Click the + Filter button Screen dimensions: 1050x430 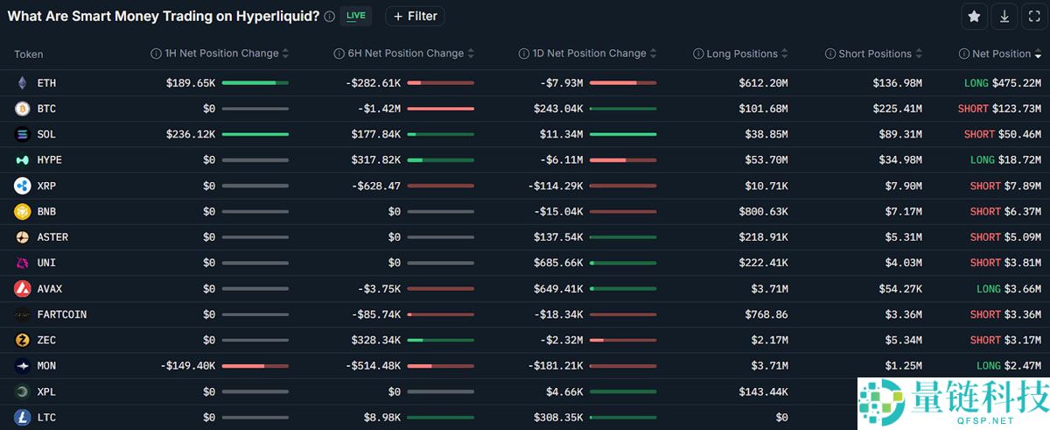415,17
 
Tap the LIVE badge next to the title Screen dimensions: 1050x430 356,16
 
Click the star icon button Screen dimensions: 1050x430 974,17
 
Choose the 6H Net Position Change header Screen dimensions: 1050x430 405,53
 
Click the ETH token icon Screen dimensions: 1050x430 22,83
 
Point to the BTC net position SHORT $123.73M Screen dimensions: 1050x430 999,109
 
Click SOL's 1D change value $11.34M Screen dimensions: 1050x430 561,135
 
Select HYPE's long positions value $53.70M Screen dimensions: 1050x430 766,160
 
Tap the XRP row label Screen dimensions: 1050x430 46,186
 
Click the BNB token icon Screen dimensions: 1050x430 22,211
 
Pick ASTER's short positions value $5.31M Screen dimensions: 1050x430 903,237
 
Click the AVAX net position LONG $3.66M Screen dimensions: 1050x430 1009,289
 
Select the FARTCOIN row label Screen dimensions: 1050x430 62,314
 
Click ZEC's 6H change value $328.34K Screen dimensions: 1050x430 376,340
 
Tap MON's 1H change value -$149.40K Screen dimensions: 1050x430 187,366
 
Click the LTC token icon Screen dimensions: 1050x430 22,417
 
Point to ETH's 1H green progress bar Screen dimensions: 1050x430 248,83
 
